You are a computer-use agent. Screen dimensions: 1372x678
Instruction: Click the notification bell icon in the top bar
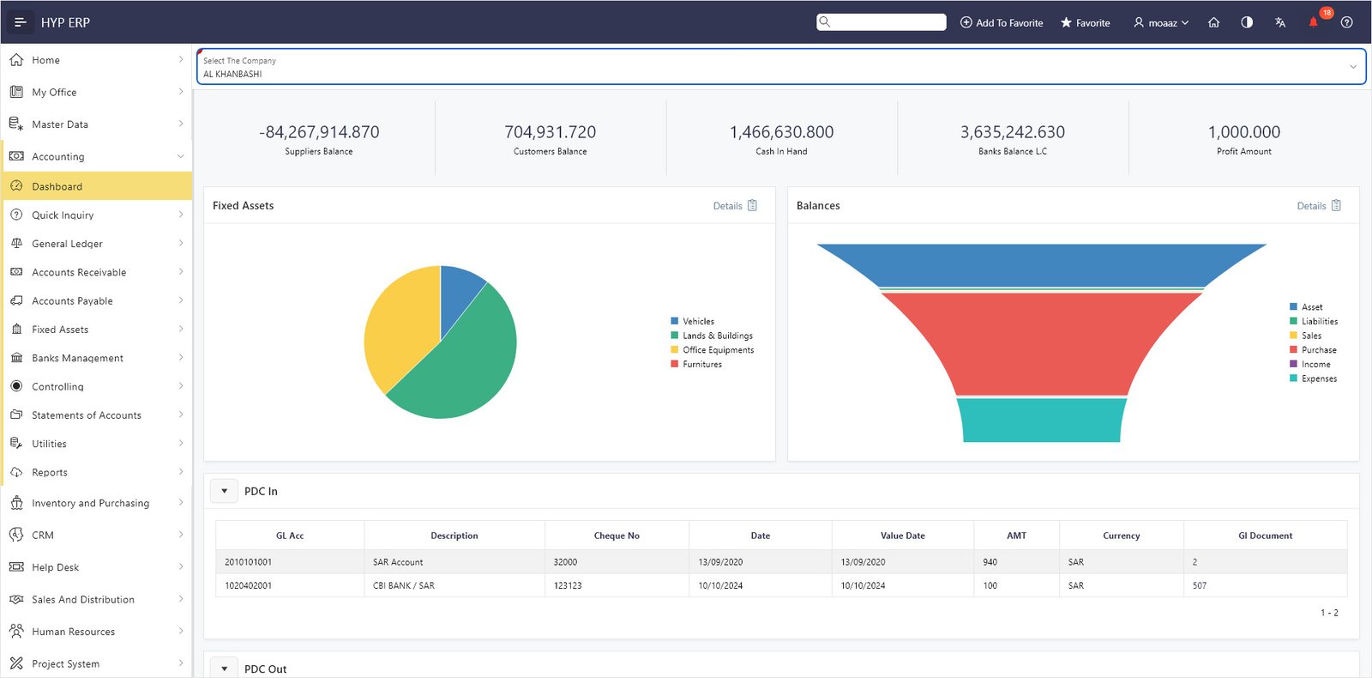[1313, 22]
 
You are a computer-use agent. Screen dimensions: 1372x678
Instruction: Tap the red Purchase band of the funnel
[1041, 343]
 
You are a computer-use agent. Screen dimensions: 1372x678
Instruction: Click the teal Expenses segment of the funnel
[1041, 420]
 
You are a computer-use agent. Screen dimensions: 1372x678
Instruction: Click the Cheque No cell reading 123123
[568, 585]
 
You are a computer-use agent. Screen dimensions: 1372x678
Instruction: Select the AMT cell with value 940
[990, 561]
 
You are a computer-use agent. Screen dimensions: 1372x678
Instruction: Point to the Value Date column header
[902, 536]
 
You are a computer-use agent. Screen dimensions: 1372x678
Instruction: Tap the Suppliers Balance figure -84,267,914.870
[319, 132]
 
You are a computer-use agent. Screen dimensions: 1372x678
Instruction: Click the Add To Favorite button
[1002, 22]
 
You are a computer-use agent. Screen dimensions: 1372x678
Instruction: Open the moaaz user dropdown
[1161, 22]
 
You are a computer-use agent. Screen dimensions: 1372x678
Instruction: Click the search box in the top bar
[881, 22]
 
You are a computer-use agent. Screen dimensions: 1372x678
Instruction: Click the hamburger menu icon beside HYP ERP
[21, 22]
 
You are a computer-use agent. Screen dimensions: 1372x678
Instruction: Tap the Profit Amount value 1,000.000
[1244, 132]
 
